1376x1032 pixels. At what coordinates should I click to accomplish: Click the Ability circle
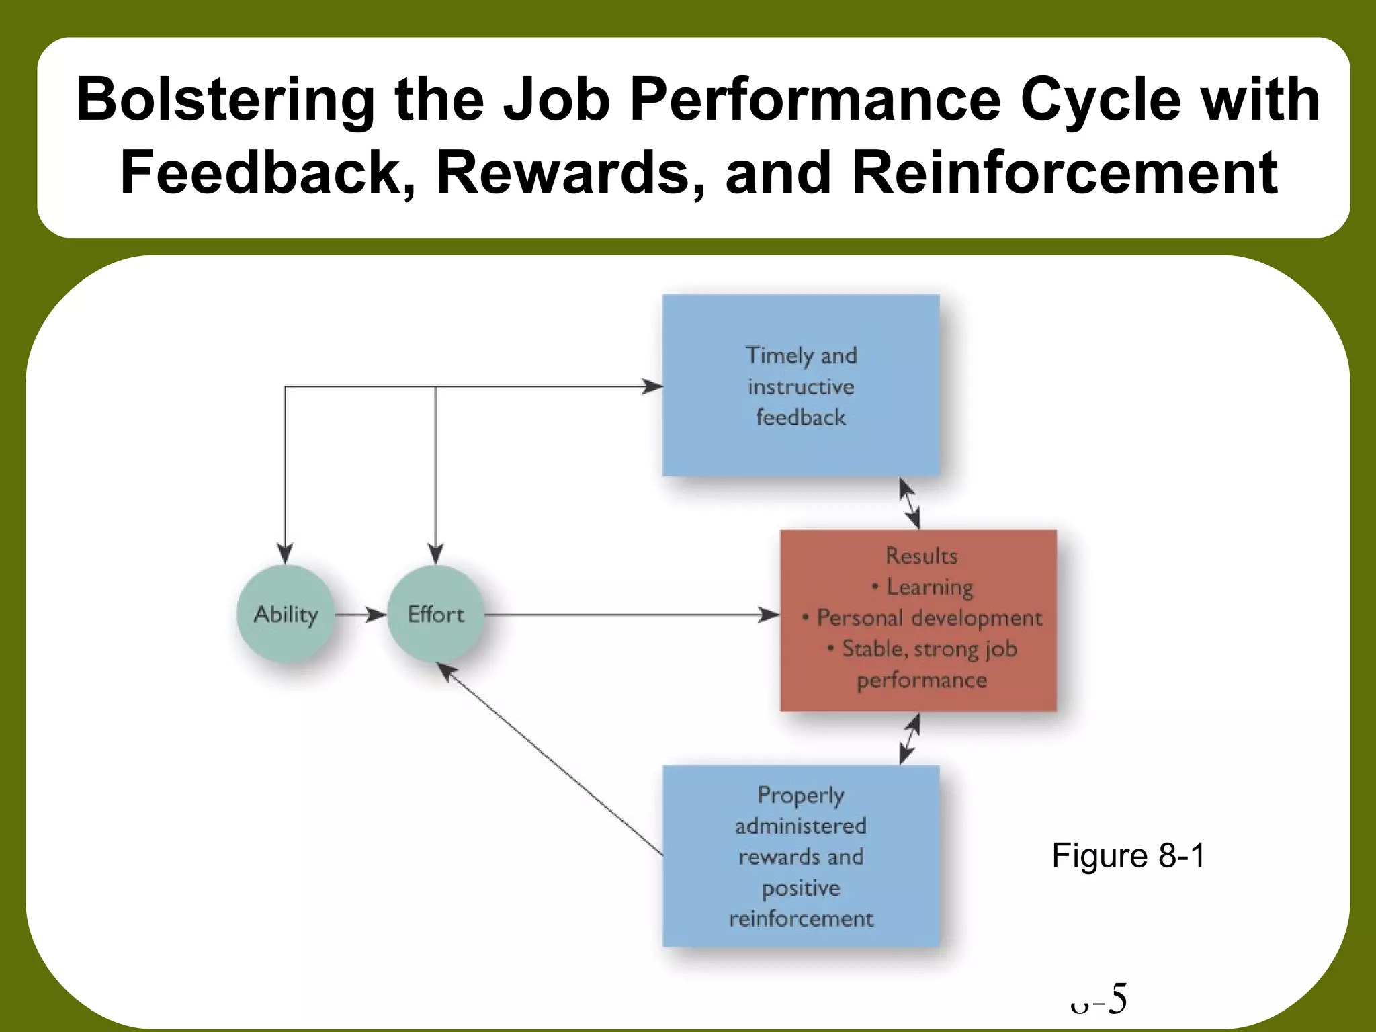[x=286, y=614]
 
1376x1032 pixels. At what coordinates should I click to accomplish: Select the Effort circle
[x=436, y=614]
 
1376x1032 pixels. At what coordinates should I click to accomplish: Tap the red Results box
[x=918, y=620]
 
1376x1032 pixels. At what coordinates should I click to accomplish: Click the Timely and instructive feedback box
[x=801, y=386]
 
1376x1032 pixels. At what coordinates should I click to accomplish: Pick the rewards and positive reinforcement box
[x=801, y=856]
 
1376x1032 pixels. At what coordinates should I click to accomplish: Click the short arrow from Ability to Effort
[x=361, y=614]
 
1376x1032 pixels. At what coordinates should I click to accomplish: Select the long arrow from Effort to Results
[x=632, y=614]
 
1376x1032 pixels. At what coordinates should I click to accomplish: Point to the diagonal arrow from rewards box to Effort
[x=551, y=759]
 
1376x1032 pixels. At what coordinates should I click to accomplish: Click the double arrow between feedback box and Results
[x=909, y=503]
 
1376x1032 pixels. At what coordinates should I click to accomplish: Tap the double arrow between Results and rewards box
[x=909, y=738]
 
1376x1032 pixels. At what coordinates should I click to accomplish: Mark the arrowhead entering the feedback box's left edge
[x=652, y=386]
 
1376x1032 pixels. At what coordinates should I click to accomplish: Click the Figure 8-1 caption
[x=1128, y=855]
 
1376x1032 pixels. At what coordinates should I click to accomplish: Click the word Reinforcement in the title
[x=1064, y=173]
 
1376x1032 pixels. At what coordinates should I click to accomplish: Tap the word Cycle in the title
[x=1100, y=99]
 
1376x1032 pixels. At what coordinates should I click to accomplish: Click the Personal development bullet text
[x=929, y=618]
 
